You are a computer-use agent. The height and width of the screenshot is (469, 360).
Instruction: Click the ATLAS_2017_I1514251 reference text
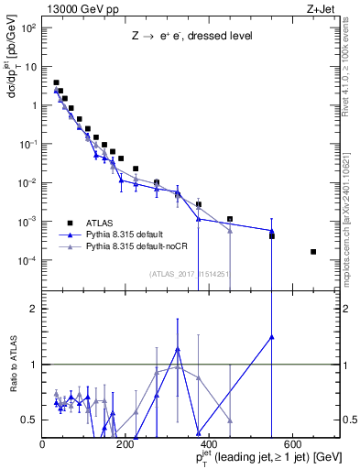(194, 272)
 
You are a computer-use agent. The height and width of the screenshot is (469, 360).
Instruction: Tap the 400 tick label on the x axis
(208, 444)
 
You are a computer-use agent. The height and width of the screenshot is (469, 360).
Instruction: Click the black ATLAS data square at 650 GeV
(313, 251)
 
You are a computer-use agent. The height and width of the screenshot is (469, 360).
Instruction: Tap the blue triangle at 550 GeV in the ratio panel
(272, 336)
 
